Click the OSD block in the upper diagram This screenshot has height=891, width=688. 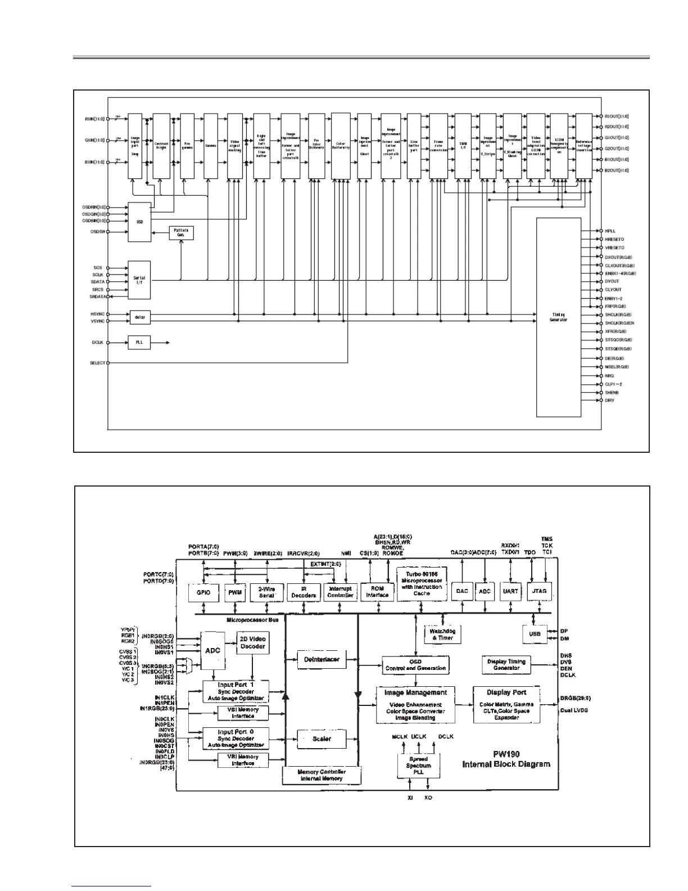(x=139, y=222)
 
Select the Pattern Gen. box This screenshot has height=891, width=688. (x=181, y=232)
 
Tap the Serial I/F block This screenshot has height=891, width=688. (x=139, y=280)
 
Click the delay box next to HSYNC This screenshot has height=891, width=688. (x=140, y=317)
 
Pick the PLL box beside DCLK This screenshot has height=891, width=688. (x=139, y=342)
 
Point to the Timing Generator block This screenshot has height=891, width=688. (x=558, y=317)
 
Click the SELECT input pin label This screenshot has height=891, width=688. (x=97, y=363)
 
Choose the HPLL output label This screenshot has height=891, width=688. (x=610, y=231)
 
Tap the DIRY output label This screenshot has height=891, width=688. (x=610, y=400)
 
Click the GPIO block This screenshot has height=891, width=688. (x=203, y=592)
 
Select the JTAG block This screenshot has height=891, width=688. (x=538, y=591)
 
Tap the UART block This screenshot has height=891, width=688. (x=510, y=591)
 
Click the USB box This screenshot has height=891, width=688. (x=535, y=634)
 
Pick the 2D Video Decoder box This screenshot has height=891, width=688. (x=252, y=642)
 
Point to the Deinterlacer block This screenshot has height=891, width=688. (x=322, y=659)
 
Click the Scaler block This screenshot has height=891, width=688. (x=322, y=739)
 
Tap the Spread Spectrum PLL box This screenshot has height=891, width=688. (x=418, y=766)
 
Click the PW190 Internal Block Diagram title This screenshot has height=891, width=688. (x=506, y=759)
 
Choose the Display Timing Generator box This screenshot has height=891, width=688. (x=506, y=664)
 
